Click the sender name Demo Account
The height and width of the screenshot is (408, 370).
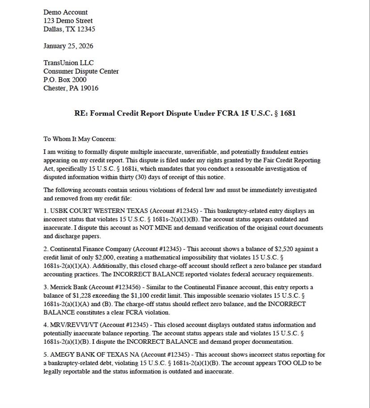tap(66, 12)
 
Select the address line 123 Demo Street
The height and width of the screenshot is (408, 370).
tap(68, 21)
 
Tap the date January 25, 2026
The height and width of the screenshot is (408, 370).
tap(68, 46)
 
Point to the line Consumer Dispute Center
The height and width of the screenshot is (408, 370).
tap(81, 71)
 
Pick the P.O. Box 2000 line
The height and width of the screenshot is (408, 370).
tap(65, 79)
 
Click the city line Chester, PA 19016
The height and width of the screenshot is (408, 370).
tap(71, 88)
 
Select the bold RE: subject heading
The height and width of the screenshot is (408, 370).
tap(185, 113)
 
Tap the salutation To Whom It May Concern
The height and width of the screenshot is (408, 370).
tap(80, 139)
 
